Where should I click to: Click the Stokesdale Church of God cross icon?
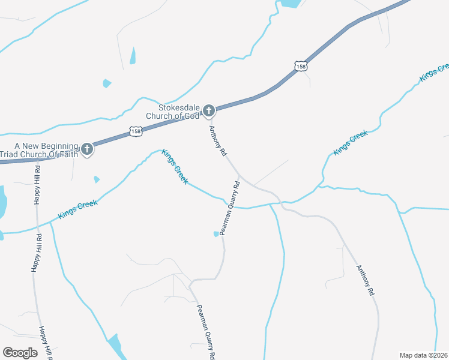point(209,110)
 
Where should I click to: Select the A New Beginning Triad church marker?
point(87,149)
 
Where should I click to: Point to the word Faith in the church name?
point(67,153)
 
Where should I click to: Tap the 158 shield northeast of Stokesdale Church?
point(301,65)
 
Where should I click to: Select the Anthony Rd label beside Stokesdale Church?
point(217,141)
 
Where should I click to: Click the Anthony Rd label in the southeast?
point(365,280)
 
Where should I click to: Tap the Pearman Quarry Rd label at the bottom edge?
point(206,332)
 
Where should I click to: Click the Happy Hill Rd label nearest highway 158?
point(37,185)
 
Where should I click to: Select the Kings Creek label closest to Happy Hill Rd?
point(77,209)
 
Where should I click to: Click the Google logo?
point(20,353)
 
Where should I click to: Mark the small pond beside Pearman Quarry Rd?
point(217,234)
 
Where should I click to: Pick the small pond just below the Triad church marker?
point(96,179)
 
